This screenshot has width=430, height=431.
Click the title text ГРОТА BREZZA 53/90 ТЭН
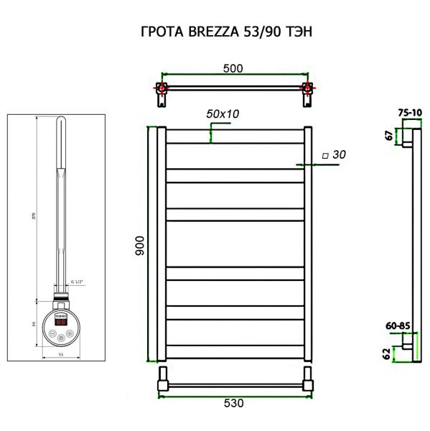click(x=215, y=32)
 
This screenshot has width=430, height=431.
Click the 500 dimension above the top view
click(x=232, y=68)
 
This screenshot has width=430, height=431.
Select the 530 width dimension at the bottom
click(x=234, y=403)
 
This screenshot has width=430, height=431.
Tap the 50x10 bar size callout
click(x=223, y=114)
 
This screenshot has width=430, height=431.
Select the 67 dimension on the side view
click(x=388, y=135)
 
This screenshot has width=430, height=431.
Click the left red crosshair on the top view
click(x=163, y=89)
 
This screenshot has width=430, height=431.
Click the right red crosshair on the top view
click(x=308, y=89)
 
